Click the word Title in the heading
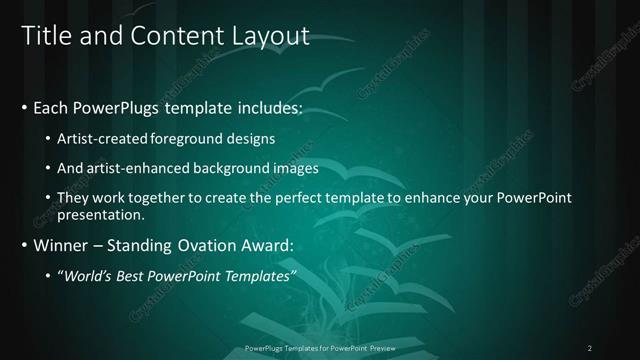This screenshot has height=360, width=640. point(44,37)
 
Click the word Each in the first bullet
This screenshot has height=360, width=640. point(50,107)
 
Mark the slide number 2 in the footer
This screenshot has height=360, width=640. point(590,348)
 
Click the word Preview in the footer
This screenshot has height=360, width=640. point(379,348)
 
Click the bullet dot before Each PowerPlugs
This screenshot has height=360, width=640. point(24,107)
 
